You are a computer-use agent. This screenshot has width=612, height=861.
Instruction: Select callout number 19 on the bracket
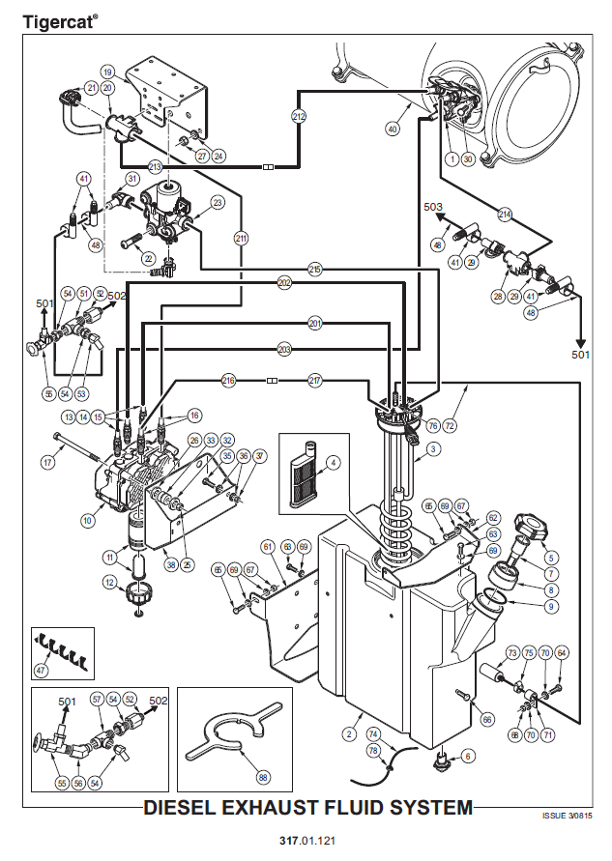[x=107, y=72]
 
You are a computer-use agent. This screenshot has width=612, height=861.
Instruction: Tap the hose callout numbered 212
[x=299, y=117]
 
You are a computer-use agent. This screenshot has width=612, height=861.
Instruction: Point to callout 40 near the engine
[x=393, y=128]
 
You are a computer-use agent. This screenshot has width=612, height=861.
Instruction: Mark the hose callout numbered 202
[x=284, y=283]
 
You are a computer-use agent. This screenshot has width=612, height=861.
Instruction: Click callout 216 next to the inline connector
[x=229, y=380]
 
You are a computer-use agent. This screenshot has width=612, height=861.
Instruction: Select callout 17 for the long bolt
[x=46, y=462]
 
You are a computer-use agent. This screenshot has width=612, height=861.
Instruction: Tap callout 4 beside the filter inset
[x=333, y=463]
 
